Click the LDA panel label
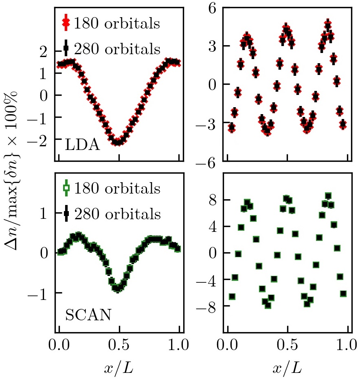click(x=82, y=145)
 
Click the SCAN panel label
click(x=88, y=315)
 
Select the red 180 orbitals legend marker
click(x=66, y=23)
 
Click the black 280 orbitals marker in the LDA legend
click(x=66, y=49)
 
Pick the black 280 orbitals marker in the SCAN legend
click(x=66, y=214)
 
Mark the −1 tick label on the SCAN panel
click(x=39, y=293)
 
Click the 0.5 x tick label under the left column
click(x=119, y=346)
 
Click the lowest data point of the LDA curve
click(x=117, y=142)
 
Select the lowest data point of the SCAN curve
click(x=117, y=289)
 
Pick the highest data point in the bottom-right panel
click(x=328, y=196)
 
